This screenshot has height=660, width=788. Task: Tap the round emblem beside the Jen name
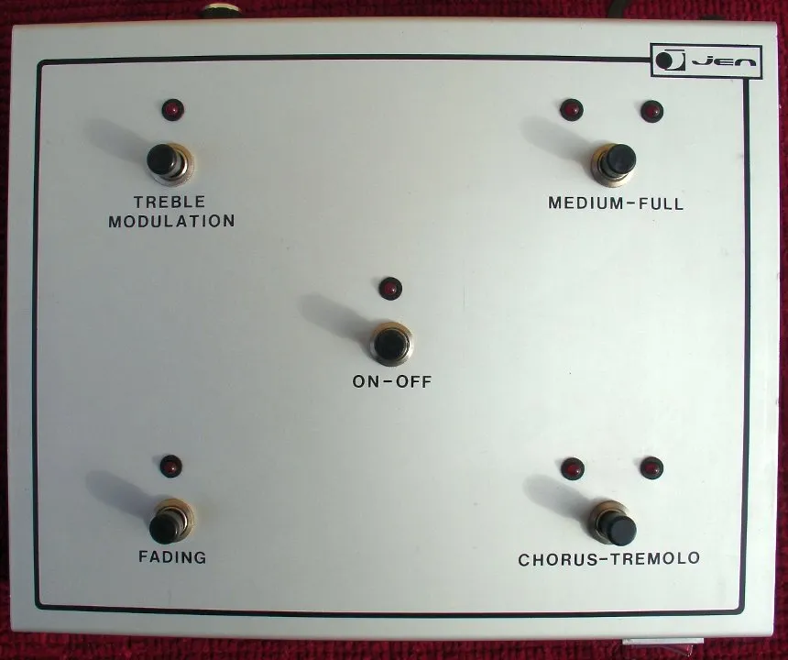[670, 60]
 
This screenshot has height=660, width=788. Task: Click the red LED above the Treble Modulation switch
[173, 110]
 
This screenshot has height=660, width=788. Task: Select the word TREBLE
[170, 202]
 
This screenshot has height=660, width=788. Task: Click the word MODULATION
[172, 221]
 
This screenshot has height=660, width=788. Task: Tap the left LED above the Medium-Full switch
[572, 109]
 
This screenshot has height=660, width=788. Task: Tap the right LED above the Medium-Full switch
[651, 111]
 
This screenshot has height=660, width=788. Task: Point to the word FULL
[662, 203]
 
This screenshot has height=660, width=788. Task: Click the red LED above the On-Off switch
[390, 288]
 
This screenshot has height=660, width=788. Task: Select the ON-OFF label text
[392, 381]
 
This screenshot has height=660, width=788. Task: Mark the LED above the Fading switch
[171, 466]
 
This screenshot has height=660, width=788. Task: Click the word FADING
[172, 557]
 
